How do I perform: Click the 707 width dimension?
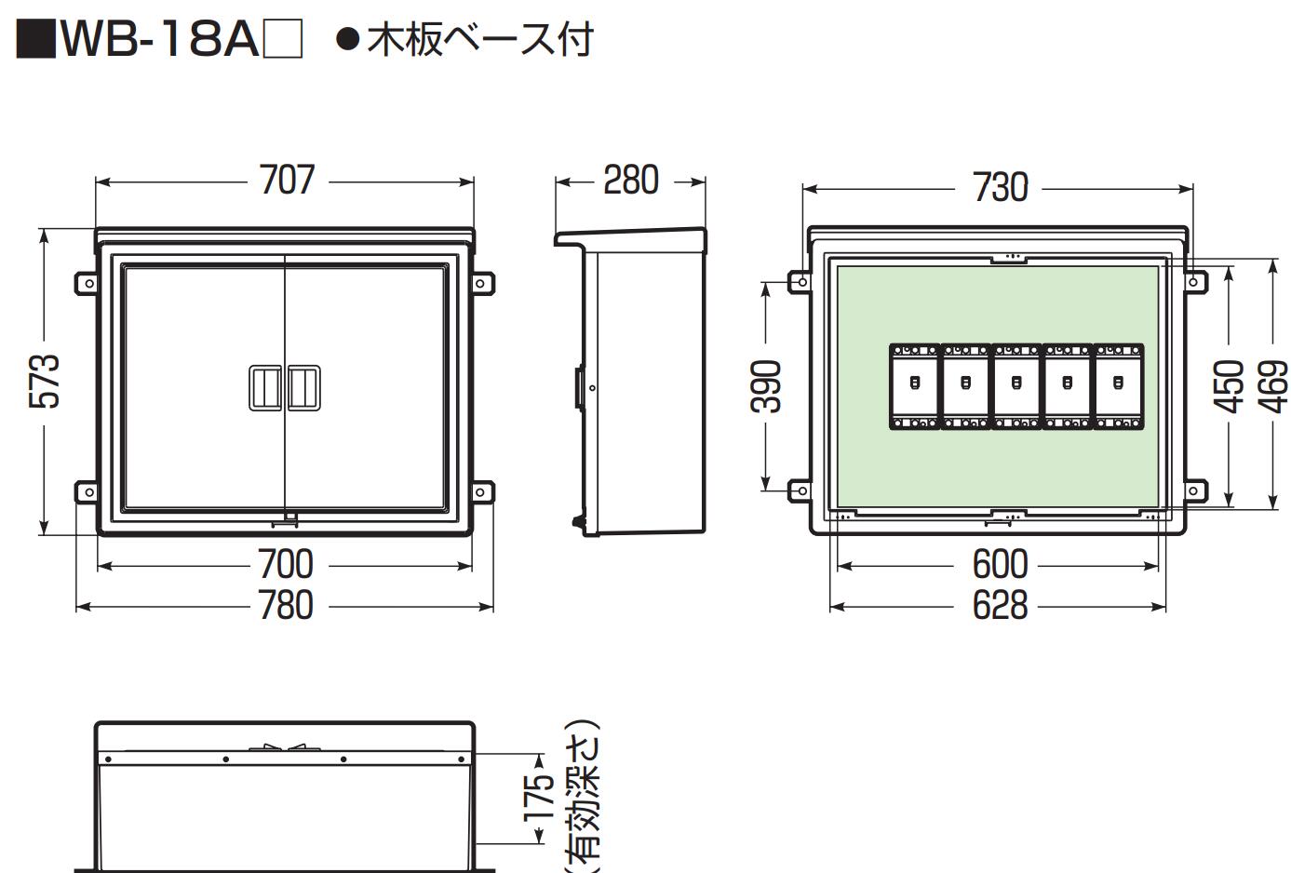287,181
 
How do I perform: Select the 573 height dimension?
44,380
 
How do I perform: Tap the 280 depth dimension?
630,181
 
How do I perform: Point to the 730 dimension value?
1000,188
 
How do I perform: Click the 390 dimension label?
766,385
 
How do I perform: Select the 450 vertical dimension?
1230,385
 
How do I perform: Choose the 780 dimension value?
285,606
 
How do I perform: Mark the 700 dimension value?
285,565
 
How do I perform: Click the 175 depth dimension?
538,799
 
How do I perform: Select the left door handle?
265,387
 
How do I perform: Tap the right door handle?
303,387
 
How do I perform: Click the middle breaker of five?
1016,386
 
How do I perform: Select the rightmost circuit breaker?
1118,386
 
